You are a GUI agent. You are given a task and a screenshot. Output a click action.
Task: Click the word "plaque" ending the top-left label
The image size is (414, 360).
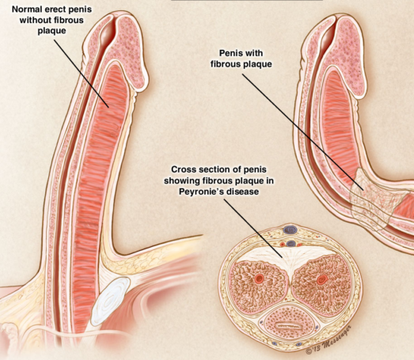pyautogui.click(x=51, y=31)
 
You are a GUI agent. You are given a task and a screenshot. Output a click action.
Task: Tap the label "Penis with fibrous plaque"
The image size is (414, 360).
pyautogui.click(x=241, y=59)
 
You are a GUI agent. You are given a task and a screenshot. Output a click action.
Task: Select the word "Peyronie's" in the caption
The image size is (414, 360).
pyautogui.click(x=200, y=191)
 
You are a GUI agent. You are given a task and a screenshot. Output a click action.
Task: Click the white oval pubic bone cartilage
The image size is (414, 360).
pyautogui.click(x=110, y=301)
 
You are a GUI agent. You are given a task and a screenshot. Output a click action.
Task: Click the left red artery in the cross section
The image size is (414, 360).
pyautogui.click(x=259, y=278)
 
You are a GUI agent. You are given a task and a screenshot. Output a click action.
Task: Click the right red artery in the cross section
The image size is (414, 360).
pyautogui.click(x=321, y=279)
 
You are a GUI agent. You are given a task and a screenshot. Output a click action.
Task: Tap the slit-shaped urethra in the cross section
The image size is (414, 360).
pyautogui.click(x=289, y=327)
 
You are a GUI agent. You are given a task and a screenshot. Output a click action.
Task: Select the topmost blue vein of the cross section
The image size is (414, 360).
pyautogui.click(x=290, y=230)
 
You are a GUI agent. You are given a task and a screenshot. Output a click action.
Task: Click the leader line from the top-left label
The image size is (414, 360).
pyautogui.click(x=82, y=74)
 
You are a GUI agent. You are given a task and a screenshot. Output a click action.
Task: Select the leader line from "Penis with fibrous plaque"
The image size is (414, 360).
pyautogui.click(x=303, y=132)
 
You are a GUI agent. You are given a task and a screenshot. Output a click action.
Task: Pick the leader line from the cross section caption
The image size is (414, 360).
pyautogui.click(x=253, y=228)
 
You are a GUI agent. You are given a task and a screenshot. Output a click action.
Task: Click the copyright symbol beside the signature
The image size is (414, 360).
pyautogui.click(x=309, y=351)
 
